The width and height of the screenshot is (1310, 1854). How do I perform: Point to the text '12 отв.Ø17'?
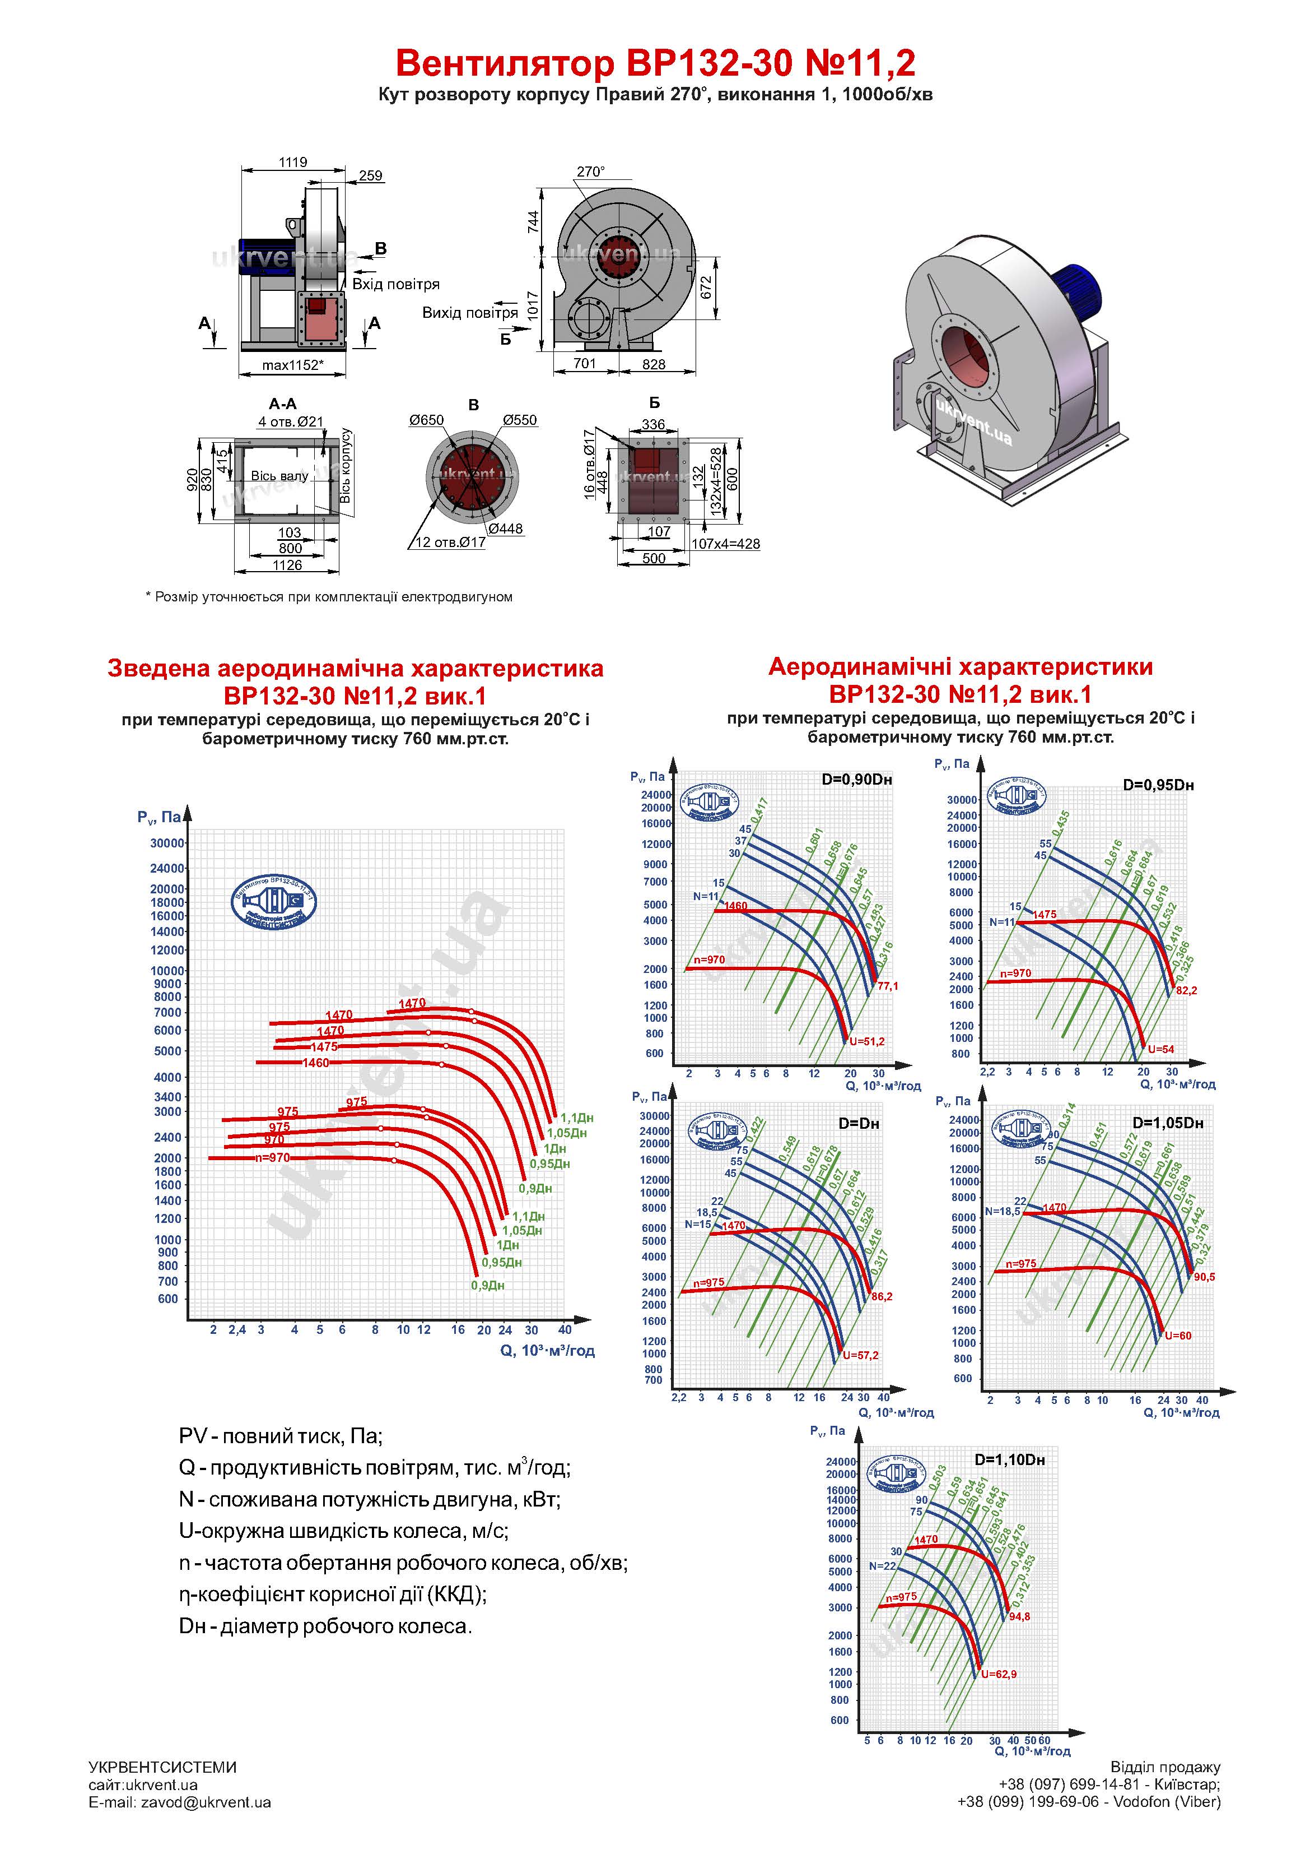pyautogui.click(x=450, y=542)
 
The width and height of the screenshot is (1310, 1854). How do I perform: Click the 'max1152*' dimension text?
pyautogui.click(x=292, y=365)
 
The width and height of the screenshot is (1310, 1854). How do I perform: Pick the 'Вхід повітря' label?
pyautogui.click(x=395, y=284)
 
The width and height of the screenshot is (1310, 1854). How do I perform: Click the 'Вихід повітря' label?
pyautogui.click(x=470, y=313)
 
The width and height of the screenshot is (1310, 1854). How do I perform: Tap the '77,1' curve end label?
pyautogui.click(x=887, y=986)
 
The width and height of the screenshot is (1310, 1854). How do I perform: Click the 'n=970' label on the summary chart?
pyautogui.click(x=272, y=1157)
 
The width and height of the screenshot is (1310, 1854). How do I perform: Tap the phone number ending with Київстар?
pyautogui.click(x=1109, y=1784)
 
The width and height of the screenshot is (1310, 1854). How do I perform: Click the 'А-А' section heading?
pyautogui.click(x=282, y=404)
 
